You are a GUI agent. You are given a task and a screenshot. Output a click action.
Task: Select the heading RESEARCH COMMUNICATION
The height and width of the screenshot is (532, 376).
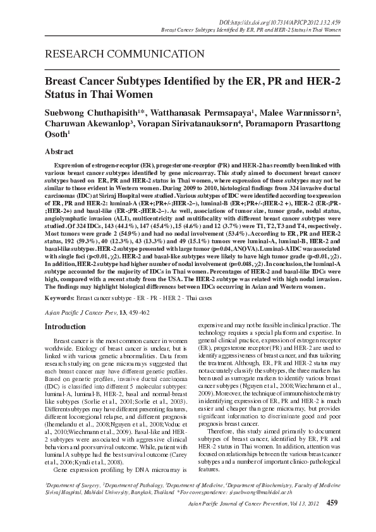(109, 54)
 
